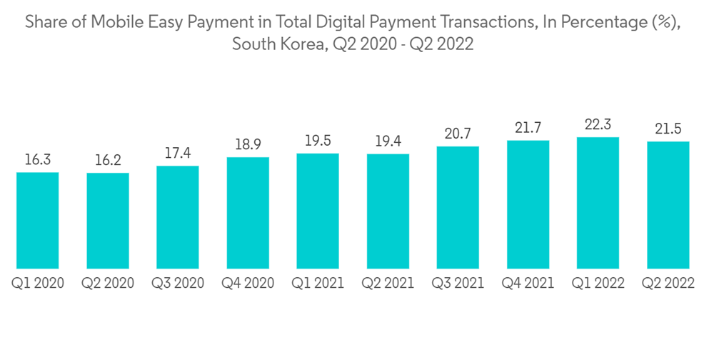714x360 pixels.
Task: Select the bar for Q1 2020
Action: (38, 220)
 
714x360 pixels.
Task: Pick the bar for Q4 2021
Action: (528, 204)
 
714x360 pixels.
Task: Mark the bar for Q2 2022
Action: (668, 205)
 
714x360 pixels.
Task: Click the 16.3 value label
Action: (38, 160)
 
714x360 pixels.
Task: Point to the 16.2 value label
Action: (108, 161)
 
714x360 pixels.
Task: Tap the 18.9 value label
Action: (248, 145)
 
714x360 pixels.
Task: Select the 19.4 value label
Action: (388, 141)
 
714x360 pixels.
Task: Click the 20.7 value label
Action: (458, 134)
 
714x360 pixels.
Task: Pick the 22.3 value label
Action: (598, 125)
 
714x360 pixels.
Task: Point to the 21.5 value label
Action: (668, 129)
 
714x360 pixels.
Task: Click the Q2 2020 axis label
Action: (108, 284)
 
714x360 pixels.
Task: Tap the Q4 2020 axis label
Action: (248, 284)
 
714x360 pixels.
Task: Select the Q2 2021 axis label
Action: (388, 284)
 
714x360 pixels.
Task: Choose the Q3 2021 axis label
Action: (458, 284)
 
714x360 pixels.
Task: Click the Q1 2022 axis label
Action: (598, 284)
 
